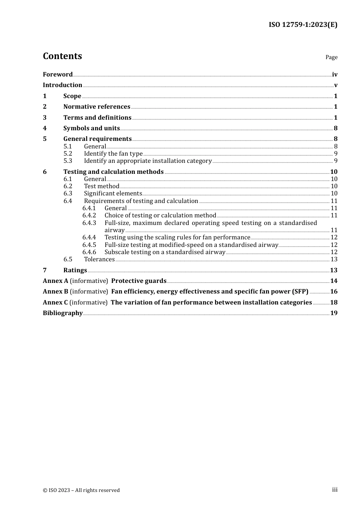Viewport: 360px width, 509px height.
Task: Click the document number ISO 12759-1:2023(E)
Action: click(303, 25)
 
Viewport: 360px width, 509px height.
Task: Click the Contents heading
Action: click(62, 56)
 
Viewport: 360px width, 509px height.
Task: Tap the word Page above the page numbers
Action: click(331, 57)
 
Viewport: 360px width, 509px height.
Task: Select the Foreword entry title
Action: click(58, 75)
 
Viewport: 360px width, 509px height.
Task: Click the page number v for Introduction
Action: click(335, 85)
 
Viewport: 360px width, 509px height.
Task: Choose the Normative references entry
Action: click(97, 107)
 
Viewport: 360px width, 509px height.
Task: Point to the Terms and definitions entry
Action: click(97, 118)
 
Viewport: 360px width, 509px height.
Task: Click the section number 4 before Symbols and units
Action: click(45, 128)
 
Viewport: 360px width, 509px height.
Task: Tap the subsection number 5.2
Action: click(68, 154)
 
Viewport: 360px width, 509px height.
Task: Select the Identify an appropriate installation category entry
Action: click(147, 161)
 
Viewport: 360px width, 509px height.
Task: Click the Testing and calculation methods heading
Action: click(113, 172)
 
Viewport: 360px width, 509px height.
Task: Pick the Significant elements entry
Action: click(113, 194)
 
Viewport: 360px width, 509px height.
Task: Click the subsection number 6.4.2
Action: click(89, 215)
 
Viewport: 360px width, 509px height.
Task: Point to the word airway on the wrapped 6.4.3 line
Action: click(114, 230)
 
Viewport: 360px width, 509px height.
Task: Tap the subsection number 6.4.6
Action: click(89, 252)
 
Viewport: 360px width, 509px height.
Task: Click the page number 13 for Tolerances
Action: click(334, 259)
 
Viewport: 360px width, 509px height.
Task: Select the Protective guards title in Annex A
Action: click(139, 281)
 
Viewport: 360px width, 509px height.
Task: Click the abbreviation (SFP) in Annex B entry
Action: click(300, 292)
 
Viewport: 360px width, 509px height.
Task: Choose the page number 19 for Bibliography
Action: click(333, 313)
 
